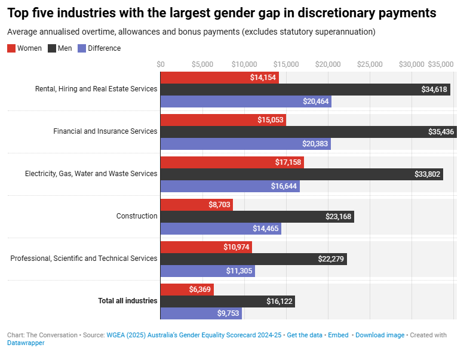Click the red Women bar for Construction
[196, 205]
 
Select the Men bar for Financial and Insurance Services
[308, 132]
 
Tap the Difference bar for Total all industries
[201, 313]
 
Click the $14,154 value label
[263, 78]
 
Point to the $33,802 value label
[428, 174]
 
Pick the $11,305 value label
[239, 271]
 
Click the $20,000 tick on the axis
[328, 64]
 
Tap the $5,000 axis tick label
[202, 64]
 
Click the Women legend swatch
[11, 48]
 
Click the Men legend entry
[65, 48]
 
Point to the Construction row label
[137, 216]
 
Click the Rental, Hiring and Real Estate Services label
[96, 89]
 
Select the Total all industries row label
[128, 301]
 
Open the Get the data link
[305, 335]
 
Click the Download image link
[380, 335]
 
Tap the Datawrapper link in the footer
[26, 343]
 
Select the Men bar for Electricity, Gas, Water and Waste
[302, 174]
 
